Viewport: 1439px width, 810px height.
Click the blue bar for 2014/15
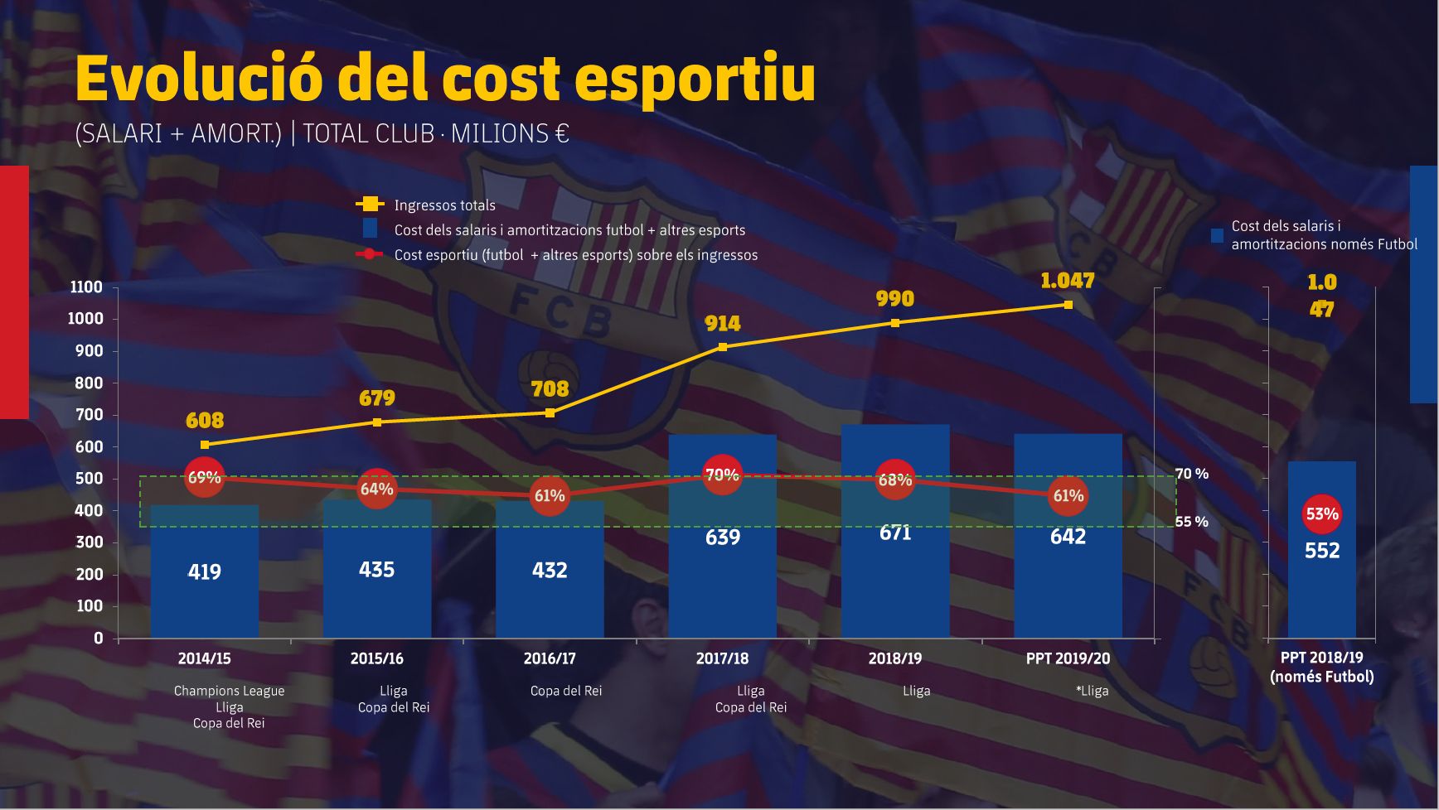(x=204, y=580)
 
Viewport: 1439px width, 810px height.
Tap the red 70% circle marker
(x=722, y=475)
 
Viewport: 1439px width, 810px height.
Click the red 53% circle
(x=1321, y=513)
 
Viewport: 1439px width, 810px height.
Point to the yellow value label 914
(x=723, y=324)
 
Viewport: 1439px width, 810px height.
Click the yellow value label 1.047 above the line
(x=1068, y=281)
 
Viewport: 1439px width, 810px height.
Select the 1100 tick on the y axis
(x=86, y=287)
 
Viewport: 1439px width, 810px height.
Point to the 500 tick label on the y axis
(x=89, y=479)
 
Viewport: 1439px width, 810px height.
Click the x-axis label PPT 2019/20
(x=1068, y=658)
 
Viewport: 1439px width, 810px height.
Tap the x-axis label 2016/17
(x=550, y=658)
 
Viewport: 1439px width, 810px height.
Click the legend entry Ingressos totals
(x=444, y=205)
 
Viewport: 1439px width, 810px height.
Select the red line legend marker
(x=369, y=254)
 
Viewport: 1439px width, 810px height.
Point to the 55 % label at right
(x=1191, y=522)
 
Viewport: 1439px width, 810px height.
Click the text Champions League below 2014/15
(x=229, y=691)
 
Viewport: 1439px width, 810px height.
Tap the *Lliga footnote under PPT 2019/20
(x=1092, y=691)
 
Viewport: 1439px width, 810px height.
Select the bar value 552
(x=1321, y=551)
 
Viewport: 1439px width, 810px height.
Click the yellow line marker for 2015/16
(x=377, y=422)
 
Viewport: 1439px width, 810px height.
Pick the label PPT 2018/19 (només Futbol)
(x=1321, y=667)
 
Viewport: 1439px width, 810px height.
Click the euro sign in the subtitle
(x=562, y=133)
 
